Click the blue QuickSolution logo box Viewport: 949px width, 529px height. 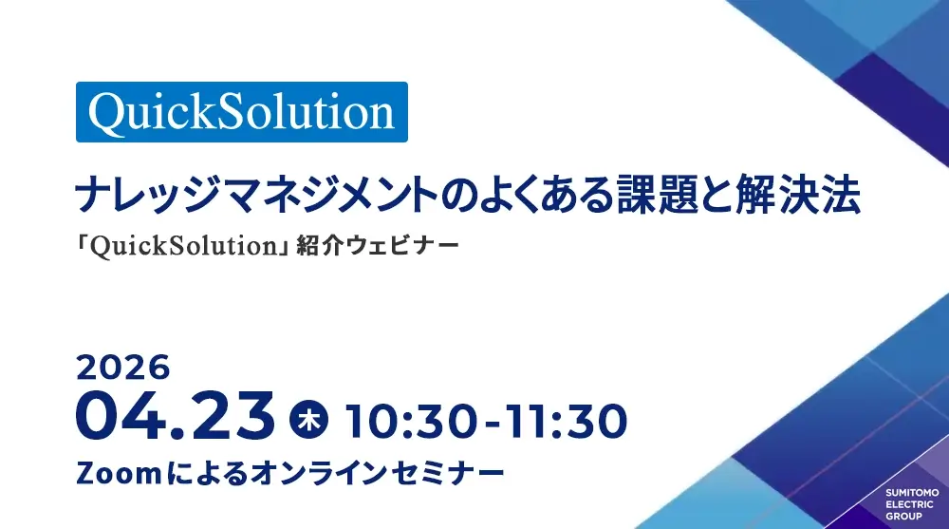click(241, 112)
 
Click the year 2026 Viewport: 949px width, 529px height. click(123, 368)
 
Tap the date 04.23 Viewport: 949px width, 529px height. click(176, 417)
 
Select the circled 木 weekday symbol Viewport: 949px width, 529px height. click(309, 420)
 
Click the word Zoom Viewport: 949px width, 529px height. click(119, 473)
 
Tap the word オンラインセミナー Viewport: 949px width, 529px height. click(377, 473)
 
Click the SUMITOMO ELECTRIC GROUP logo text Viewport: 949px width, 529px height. click(912, 504)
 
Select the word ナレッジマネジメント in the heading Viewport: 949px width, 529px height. click(256, 195)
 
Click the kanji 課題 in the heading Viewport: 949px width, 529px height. click(657, 195)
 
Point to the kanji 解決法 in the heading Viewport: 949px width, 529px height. click(798, 195)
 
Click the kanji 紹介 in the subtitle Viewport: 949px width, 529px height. click(320, 246)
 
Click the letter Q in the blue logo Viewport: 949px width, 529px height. click(107, 114)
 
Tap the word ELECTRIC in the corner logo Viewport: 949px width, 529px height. click(910, 504)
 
